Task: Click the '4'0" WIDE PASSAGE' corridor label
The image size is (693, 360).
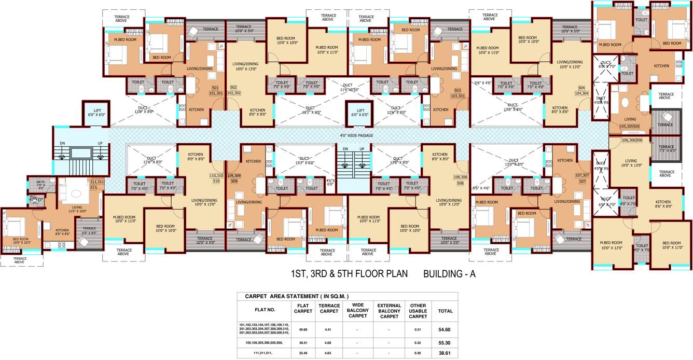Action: [x=356, y=136]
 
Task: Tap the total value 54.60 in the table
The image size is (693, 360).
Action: [x=445, y=329]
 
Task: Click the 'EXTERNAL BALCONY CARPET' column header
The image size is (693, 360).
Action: [x=389, y=311]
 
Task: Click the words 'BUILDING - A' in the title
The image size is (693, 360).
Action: [x=449, y=274]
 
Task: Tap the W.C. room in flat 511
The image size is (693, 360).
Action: [x=35, y=198]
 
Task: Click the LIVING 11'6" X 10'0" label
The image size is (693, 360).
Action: [x=77, y=209]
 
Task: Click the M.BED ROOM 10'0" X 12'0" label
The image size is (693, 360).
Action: [x=611, y=245]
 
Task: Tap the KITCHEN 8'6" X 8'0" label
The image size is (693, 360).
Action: [x=662, y=204]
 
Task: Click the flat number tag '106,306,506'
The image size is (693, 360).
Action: [x=632, y=140]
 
